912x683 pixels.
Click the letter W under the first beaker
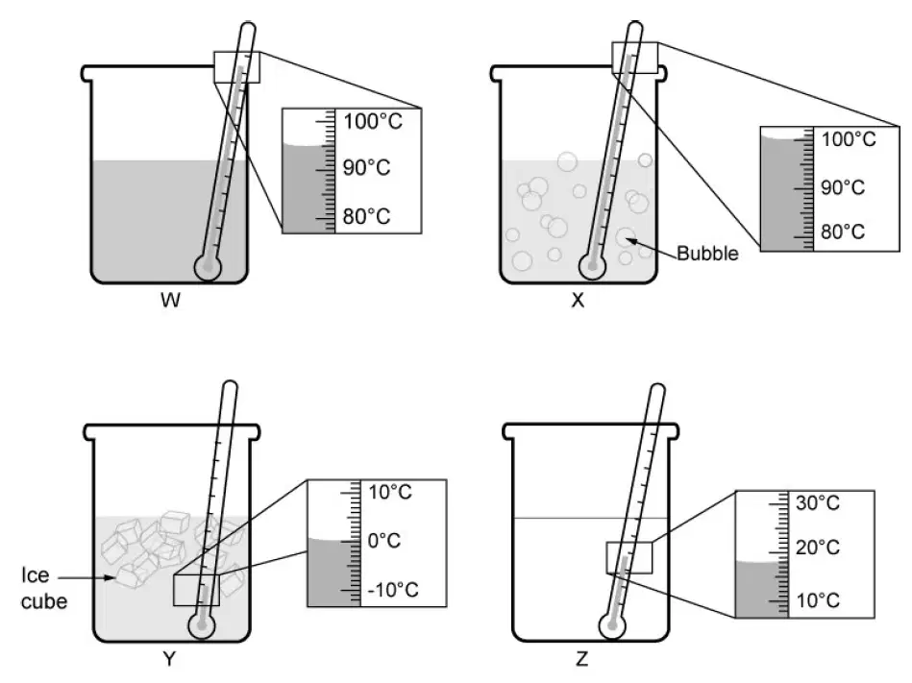tap(170, 300)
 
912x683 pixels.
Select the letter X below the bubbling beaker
tap(578, 300)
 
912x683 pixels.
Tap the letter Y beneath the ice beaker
tap(169, 659)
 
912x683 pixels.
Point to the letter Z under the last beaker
tap(581, 659)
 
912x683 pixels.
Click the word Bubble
tap(707, 254)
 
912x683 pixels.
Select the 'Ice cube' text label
tap(43, 588)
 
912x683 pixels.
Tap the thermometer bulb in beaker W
tap(208, 267)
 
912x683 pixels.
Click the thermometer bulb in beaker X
tap(593, 267)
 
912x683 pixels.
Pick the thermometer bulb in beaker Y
tap(202, 626)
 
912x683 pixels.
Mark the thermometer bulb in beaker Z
tap(612, 626)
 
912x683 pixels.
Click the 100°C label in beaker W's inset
tap(372, 121)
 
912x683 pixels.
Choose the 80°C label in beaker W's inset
tap(366, 216)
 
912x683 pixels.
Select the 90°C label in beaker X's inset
tap(843, 187)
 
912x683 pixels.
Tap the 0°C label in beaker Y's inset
tap(383, 541)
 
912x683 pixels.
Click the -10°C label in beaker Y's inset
tap(393, 590)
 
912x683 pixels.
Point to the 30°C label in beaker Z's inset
tap(818, 502)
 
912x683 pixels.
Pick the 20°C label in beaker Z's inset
tap(818, 547)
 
